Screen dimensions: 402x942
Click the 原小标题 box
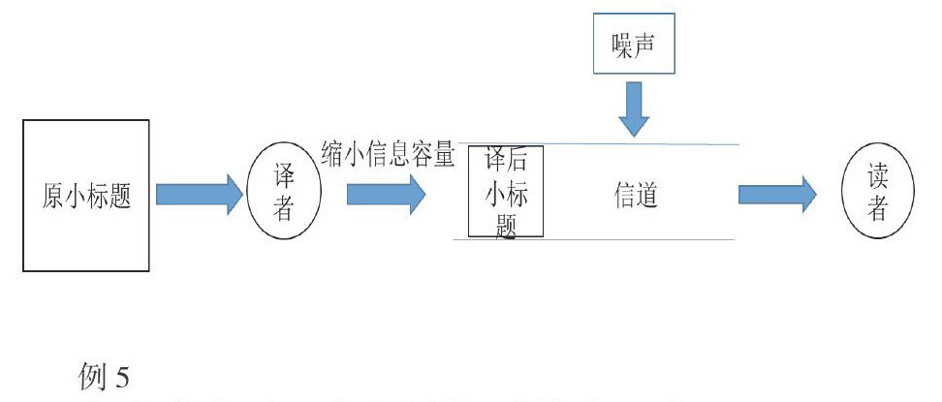86,195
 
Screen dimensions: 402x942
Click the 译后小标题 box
505,191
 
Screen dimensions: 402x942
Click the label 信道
637,196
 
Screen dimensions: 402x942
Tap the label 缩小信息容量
388,152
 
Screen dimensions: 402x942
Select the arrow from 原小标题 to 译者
199,195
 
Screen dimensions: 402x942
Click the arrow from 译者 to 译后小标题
385,195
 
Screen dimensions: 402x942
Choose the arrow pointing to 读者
776,195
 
